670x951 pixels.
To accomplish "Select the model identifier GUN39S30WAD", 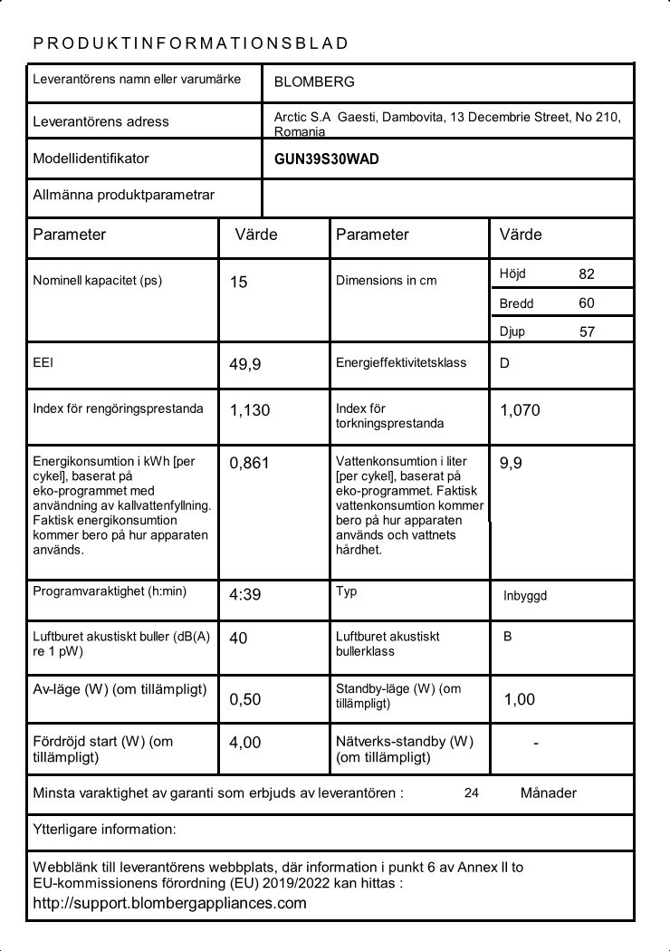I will [326, 159].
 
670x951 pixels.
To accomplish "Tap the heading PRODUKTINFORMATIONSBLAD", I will [190, 43].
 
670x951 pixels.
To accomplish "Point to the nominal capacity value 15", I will [238, 283].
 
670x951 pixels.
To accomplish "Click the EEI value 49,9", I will [244, 364].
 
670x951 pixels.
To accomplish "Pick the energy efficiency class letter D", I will [504, 363].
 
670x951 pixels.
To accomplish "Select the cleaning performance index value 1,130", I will [250, 410].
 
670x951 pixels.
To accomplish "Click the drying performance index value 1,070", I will [520, 410].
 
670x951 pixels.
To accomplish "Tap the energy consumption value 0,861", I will [250, 464].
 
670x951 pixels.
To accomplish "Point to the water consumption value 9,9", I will [511, 463].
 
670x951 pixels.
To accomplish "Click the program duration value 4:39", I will [245, 595].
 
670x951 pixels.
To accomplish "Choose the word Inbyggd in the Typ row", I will [525, 596].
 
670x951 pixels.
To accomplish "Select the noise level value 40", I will [238, 639].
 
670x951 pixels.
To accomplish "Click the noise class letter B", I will [508, 637].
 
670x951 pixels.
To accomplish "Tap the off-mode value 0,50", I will [245, 699].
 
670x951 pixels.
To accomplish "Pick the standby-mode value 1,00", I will [520, 699].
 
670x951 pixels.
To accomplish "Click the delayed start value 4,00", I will [245, 743].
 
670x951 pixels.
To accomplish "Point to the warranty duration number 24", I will [471, 793].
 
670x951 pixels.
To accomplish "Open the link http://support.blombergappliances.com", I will [169, 903].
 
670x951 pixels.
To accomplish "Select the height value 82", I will [587, 274].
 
